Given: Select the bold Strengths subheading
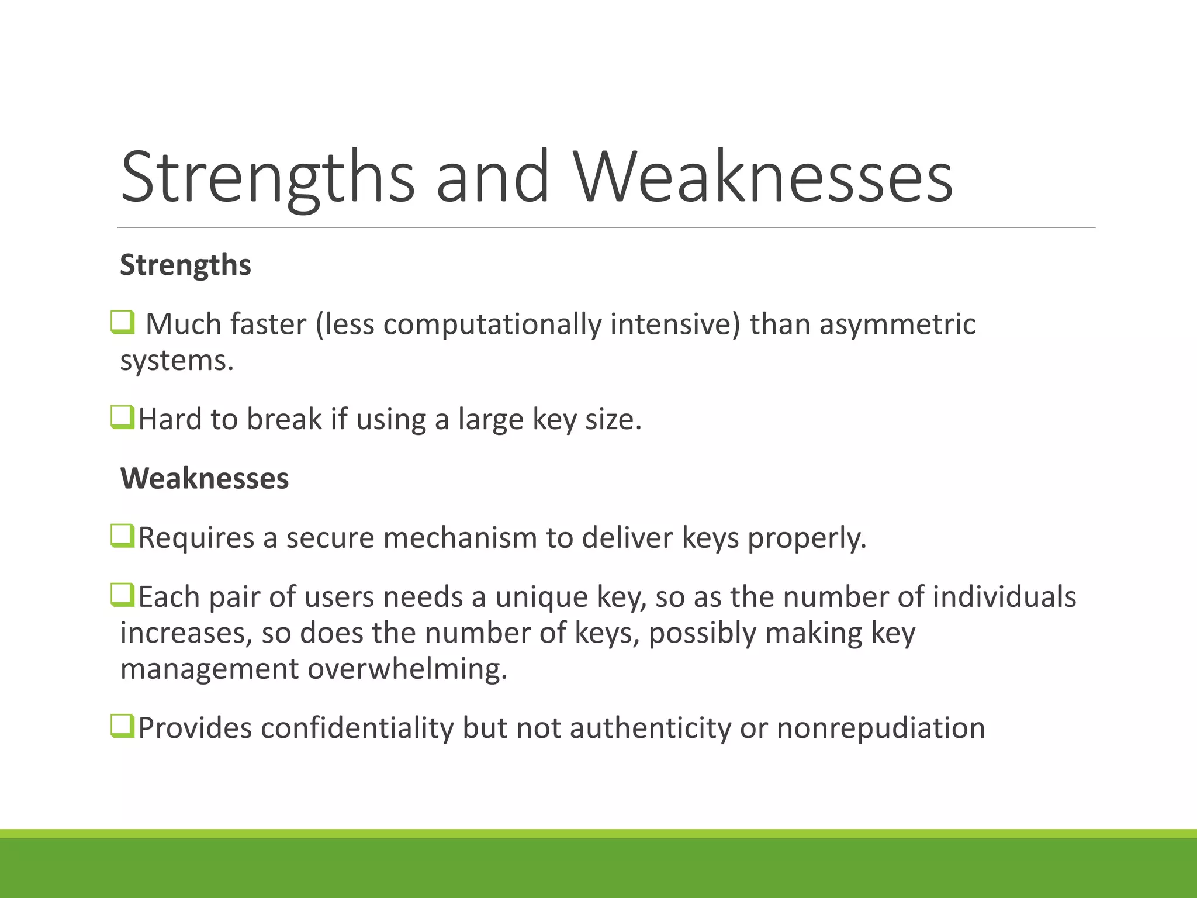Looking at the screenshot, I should coord(185,265).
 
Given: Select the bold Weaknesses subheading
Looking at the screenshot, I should coord(205,478).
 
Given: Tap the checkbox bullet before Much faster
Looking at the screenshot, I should coord(123,322).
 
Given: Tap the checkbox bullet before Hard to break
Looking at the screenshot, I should coord(123,417).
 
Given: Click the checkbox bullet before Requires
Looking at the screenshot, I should coord(123,536).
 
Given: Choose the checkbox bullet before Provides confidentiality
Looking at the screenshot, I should coord(123,727).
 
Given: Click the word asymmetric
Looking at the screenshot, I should coord(897,324).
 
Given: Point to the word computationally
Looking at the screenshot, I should coord(492,324).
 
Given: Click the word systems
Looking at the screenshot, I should coord(177,361).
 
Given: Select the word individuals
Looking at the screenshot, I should coord(1004,597).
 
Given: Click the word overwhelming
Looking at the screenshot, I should coord(407,669).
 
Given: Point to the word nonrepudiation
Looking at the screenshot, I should coord(881,728).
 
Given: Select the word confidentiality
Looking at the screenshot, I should coord(357,728).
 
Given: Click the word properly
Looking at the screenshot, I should coord(807,538).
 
